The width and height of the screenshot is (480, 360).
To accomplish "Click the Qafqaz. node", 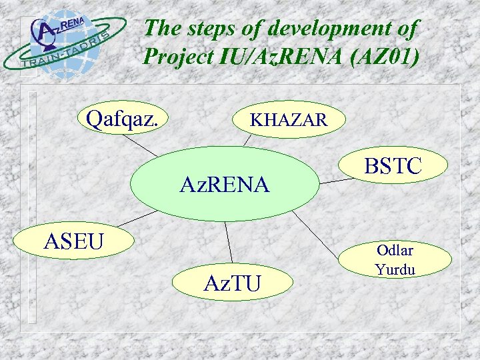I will click(x=123, y=119).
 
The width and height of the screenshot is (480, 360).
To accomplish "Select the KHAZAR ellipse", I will click(x=289, y=120).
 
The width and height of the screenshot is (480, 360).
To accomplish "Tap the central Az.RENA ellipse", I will click(x=225, y=184).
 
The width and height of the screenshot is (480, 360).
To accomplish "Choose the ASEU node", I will click(x=74, y=241).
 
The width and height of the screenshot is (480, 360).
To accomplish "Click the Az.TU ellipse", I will click(x=232, y=283).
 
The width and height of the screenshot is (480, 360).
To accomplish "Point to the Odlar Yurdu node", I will click(x=395, y=260).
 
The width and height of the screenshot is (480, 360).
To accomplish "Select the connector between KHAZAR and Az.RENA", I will click(x=248, y=139).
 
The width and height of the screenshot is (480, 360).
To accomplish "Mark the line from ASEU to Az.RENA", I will click(x=137, y=218).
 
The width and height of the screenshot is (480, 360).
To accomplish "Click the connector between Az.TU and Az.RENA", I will click(x=229, y=241).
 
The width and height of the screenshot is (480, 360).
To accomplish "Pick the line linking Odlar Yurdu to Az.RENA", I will click(x=320, y=233).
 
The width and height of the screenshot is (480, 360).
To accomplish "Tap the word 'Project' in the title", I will click(x=178, y=57).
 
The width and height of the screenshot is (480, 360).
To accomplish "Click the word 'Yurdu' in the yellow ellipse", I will click(x=395, y=269).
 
